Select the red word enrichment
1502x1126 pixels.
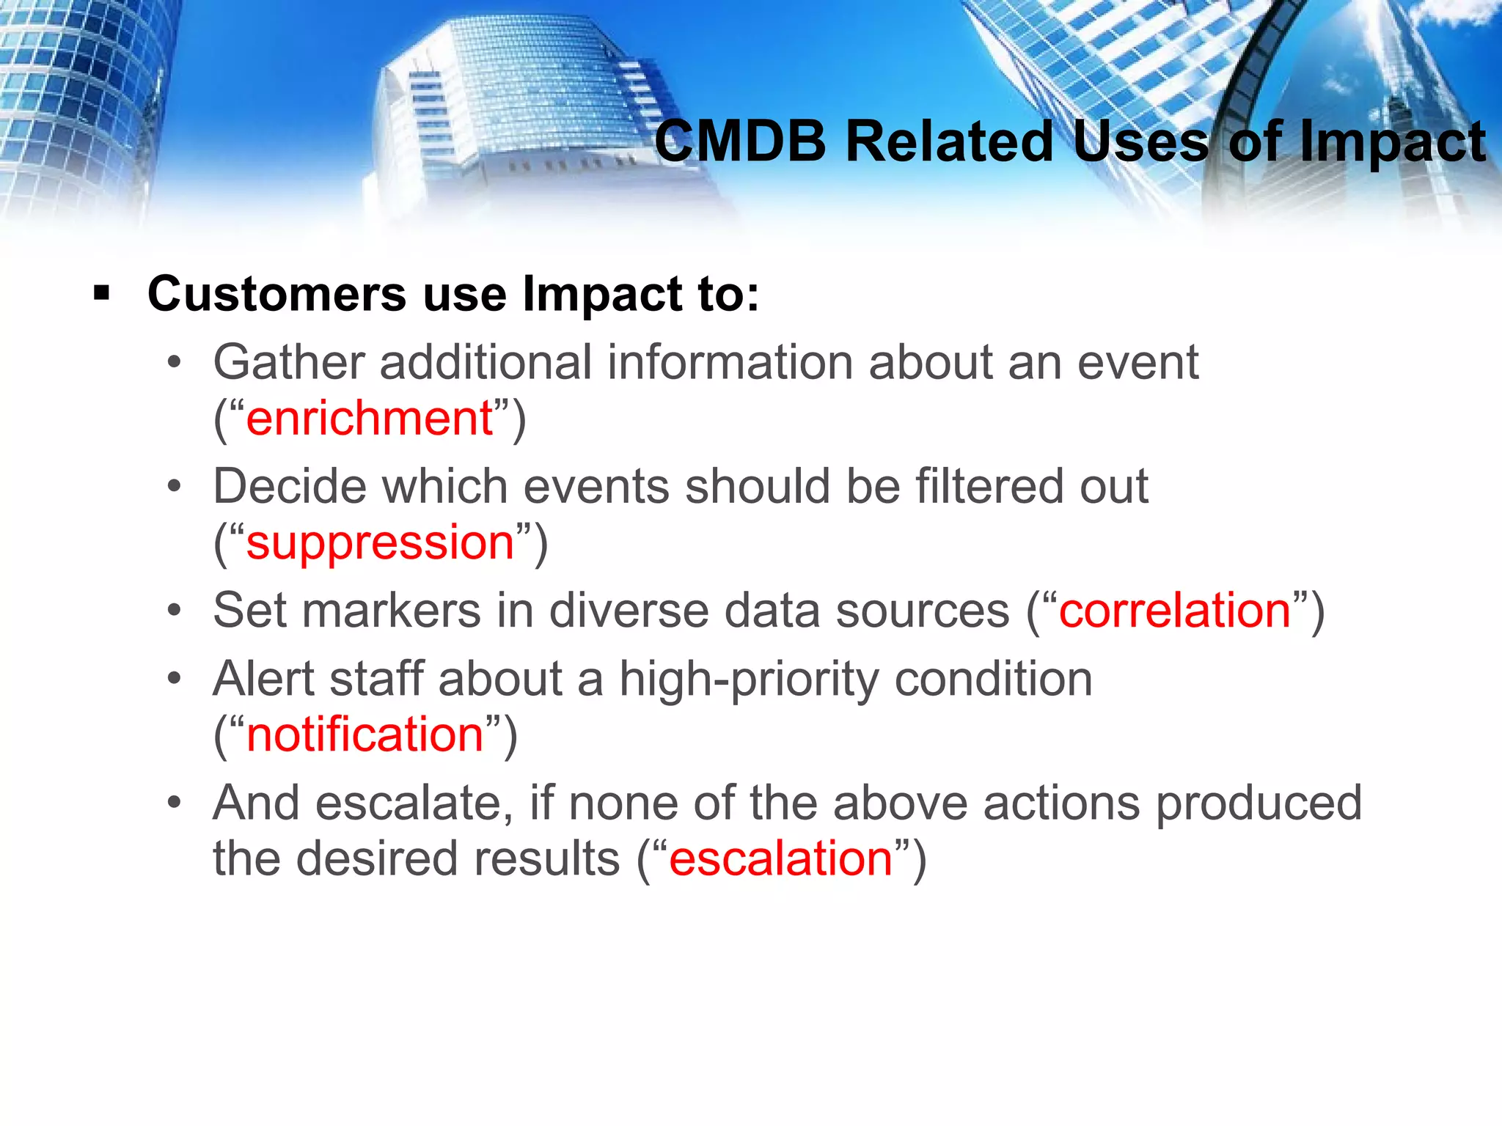[369, 419]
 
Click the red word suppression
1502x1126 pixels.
[380, 543]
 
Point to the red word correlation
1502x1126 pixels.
[1174, 611]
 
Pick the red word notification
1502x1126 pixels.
[364, 735]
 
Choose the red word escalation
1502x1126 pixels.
[780, 858]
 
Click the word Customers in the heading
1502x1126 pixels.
[276, 294]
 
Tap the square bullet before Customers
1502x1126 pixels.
[101, 295]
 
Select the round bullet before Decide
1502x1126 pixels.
[174, 486]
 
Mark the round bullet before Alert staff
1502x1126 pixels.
[174, 679]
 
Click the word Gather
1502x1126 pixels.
[289, 362]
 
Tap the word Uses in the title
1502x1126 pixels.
[1140, 142]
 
